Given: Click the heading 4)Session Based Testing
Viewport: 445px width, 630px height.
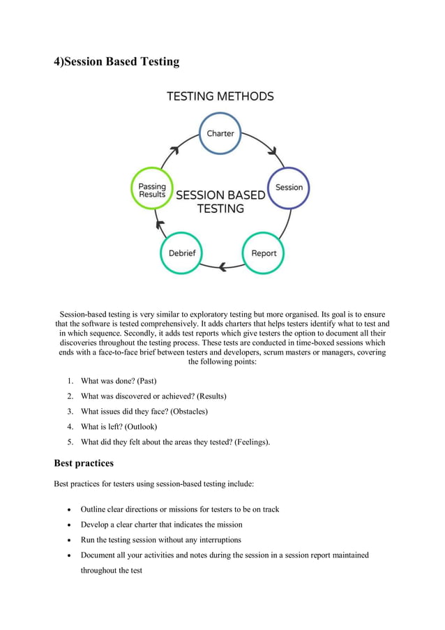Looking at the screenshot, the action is [117, 62].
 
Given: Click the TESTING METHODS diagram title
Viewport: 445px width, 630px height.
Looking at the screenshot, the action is [220, 97].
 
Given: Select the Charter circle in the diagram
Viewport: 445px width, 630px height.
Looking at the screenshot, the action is [220, 133].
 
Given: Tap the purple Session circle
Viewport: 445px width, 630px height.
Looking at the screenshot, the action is [289, 188].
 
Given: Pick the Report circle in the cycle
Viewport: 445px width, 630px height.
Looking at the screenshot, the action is [264, 253].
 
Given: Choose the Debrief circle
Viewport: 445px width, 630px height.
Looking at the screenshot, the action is [182, 253].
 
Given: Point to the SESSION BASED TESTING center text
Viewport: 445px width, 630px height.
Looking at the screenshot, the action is [220, 202].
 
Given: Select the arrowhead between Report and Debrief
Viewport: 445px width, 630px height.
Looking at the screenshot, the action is [222, 267].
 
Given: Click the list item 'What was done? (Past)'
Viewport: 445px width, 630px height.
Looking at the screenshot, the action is [119, 381].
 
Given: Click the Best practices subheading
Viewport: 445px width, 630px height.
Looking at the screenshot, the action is [84, 463].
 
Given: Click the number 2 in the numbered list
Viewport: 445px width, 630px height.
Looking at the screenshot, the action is [70, 396].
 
